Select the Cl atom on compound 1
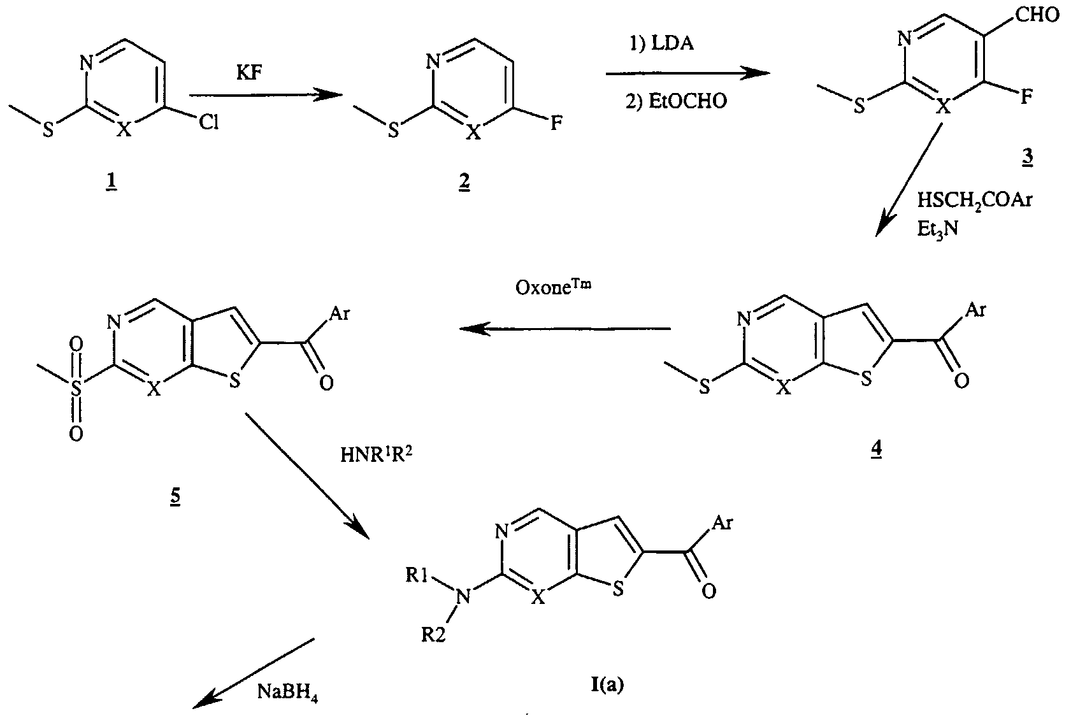click(208, 122)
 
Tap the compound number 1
click(111, 183)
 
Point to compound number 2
click(464, 183)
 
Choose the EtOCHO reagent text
click(676, 101)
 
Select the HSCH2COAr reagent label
click(974, 200)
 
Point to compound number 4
click(877, 449)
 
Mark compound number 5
click(175, 496)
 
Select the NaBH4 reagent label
click(287, 692)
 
